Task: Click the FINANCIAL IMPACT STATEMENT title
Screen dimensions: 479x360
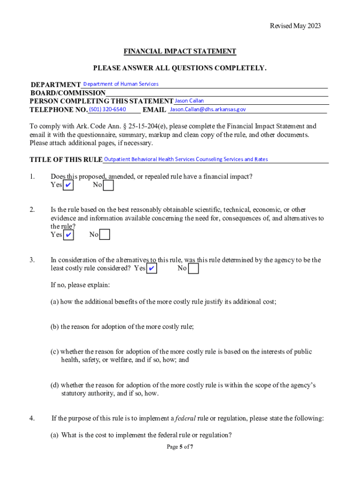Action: pos(180,51)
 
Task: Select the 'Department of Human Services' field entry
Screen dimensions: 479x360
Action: pos(121,84)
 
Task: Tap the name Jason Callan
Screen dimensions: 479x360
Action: pos(189,101)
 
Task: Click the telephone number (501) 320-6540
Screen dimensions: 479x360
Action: pos(108,109)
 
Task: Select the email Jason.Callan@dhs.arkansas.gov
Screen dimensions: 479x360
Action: pos(208,109)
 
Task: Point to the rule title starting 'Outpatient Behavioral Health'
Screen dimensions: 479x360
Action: pos(186,160)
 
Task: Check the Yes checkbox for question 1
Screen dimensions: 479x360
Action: pos(68,186)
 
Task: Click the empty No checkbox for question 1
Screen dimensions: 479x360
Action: pos(108,186)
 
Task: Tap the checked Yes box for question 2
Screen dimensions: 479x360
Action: pos(68,235)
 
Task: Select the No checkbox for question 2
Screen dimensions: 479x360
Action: pos(105,235)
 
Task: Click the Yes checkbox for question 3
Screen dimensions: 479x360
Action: pos(151,269)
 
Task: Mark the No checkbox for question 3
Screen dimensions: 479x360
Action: pos(193,269)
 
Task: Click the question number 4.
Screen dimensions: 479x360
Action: pos(32,418)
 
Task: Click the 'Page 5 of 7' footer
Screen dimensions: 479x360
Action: pos(180,447)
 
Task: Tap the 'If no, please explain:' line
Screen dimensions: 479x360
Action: pos(80,285)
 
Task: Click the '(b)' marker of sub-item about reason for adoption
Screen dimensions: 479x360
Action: pos(55,327)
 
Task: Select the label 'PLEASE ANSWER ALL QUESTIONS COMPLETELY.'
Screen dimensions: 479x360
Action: pos(180,68)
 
